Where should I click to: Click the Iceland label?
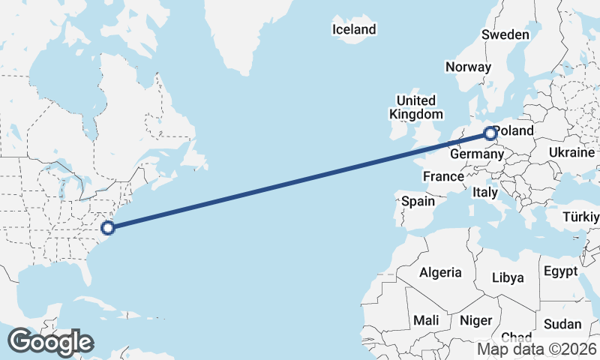(x=354, y=29)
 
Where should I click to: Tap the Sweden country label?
(x=505, y=34)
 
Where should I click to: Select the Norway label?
(x=468, y=67)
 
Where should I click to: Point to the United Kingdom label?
(x=415, y=107)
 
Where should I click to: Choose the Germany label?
(x=476, y=154)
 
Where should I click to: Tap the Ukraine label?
(x=571, y=152)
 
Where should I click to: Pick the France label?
(x=442, y=177)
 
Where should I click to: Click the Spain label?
(x=418, y=201)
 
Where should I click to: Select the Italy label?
(x=484, y=193)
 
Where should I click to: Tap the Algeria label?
(x=440, y=272)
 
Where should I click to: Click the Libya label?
(x=508, y=277)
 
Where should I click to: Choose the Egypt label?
(x=560, y=271)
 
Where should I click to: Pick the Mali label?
(x=426, y=320)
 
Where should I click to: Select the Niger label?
(x=475, y=320)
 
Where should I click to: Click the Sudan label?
(x=562, y=324)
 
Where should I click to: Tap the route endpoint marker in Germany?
(x=490, y=134)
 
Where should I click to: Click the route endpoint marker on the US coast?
(x=108, y=227)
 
